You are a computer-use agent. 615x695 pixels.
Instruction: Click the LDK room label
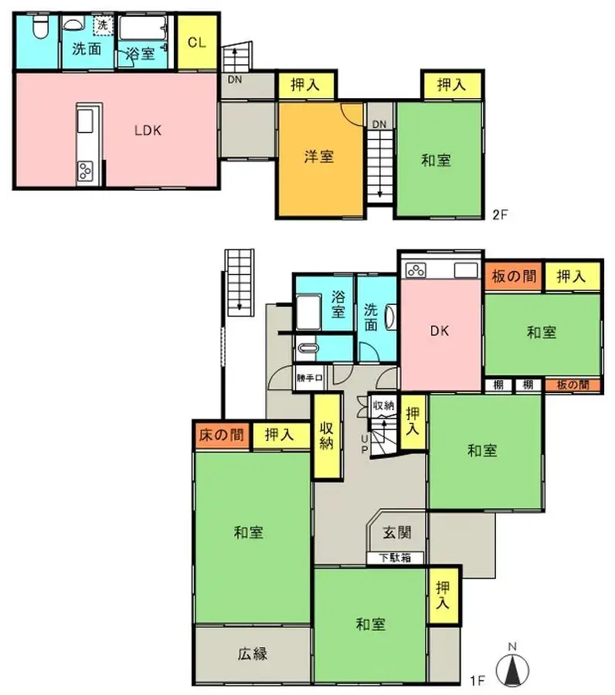[147, 130]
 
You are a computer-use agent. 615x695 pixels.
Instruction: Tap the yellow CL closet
[196, 42]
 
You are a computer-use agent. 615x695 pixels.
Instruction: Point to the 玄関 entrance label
[396, 532]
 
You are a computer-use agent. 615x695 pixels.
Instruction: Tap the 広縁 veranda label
[252, 653]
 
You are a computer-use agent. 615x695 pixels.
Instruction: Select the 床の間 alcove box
[222, 435]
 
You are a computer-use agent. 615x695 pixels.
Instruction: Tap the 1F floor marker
[477, 680]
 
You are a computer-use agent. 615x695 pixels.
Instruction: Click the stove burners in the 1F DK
[416, 270]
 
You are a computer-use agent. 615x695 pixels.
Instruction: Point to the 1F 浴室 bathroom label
[338, 303]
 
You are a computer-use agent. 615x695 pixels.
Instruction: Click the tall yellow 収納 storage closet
[328, 436]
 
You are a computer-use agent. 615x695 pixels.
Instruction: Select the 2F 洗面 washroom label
[87, 50]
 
